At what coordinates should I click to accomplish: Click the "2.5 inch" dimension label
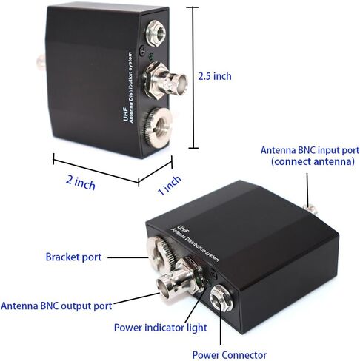[215, 76]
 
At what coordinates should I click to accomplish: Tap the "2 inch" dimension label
[81, 183]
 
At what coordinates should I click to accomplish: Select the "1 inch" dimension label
[170, 185]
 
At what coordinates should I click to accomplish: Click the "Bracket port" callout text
[73, 257]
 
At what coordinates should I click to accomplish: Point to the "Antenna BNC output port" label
[56, 306]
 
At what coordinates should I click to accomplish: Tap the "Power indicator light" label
[161, 328]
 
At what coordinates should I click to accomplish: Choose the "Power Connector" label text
[230, 355]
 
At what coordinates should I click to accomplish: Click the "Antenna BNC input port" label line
[310, 150]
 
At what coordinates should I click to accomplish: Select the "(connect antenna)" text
[313, 162]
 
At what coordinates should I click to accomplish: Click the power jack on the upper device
[156, 33]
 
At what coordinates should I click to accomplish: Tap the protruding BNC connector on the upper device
[165, 81]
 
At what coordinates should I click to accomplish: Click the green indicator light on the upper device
[151, 57]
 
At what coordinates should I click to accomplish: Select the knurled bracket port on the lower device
[160, 252]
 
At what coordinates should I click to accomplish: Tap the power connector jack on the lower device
[221, 298]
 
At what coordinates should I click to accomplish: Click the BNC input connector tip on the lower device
[310, 209]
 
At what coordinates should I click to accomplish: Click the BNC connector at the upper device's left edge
[41, 62]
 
